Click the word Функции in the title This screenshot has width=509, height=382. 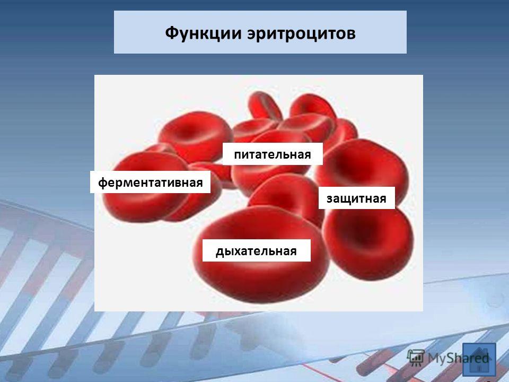[x=203, y=33]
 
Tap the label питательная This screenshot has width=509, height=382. [x=273, y=154]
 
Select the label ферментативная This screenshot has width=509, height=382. [x=150, y=182]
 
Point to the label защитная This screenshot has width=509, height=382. [x=356, y=198]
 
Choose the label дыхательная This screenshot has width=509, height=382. [x=257, y=251]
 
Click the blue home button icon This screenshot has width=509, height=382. [x=479, y=360]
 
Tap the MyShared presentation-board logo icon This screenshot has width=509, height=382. [x=416, y=358]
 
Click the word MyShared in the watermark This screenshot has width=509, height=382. [x=458, y=358]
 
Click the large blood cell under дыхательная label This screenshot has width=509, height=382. [x=261, y=273]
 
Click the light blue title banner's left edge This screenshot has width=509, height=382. [x=115, y=32]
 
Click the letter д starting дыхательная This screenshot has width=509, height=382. [x=220, y=251]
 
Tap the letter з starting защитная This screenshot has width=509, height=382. [x=329, y=199]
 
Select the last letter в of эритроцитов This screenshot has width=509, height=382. [x=350, y=34]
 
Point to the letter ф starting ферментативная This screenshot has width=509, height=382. [x=102, y=183]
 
